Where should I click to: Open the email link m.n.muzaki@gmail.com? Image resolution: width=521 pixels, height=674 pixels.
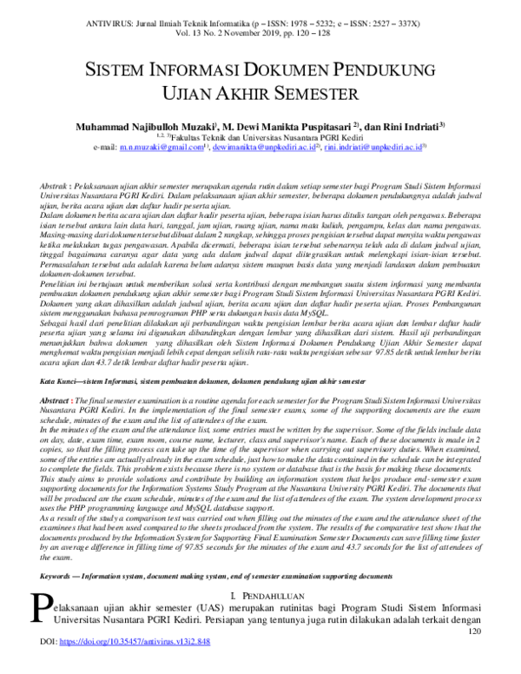click(x=160, y=148)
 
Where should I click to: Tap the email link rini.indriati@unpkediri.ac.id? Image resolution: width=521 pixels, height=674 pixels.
click(x=374, y=148)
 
